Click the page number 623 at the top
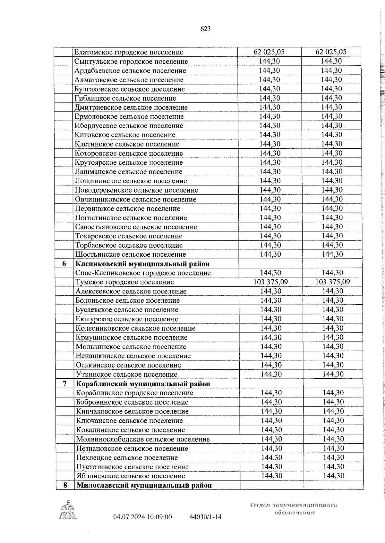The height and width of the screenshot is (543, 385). pos(205,29)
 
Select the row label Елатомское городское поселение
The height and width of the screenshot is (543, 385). pos(129,52)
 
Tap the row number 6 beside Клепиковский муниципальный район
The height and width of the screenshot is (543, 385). pos(64,264)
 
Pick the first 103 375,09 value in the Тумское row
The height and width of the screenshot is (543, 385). pos(271,282)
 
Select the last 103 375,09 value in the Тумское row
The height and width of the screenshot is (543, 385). pos(332,282)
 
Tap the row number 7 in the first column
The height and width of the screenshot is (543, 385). pos(65,384)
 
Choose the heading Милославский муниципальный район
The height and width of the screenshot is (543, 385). pos(144,485)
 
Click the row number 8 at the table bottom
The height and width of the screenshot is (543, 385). pos(65,485)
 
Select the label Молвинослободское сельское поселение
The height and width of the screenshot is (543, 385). pos(143,439)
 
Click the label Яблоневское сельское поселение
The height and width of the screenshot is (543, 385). pos(131,476)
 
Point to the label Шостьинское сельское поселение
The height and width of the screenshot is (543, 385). pos(130,254)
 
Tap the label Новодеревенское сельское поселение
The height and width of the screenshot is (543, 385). pos(136,190)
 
